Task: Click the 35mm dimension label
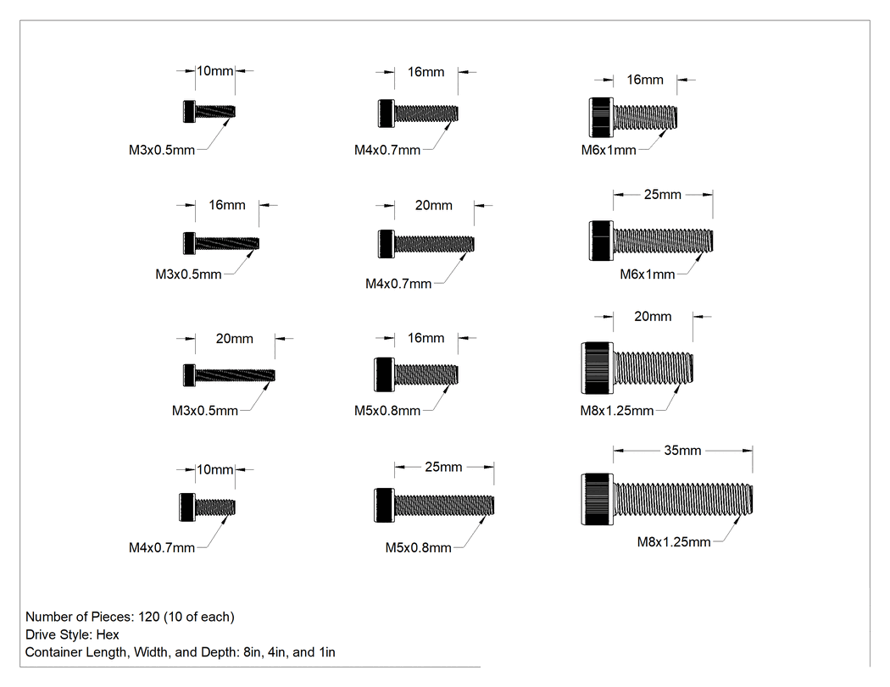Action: point(682,451)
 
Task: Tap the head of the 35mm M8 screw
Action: point(597,499)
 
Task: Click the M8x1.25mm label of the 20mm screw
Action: point(616,411)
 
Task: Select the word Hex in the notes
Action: point(108,634)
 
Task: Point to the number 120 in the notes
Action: point(148,617)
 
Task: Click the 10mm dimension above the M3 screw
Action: point(214,71)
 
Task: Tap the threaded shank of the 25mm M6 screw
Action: point(663,241)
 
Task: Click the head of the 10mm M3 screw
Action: point(190,111)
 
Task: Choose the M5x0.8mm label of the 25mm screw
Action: point(419,548)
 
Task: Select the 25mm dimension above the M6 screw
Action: point(662,195)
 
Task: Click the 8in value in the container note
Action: point(252,652)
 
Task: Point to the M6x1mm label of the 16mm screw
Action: point(609,150)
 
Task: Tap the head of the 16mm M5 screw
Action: point(384,374)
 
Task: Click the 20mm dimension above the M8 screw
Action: point(653,317)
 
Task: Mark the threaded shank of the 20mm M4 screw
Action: point(434,244)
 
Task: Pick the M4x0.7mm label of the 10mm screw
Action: point(162,548)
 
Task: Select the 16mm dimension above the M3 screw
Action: point(227,205)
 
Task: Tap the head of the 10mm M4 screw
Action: point(188,507)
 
